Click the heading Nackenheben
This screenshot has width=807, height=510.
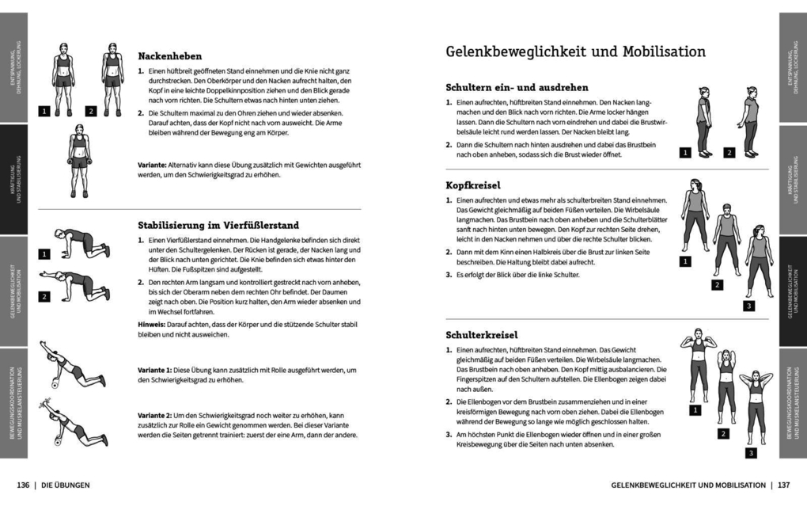point(170,57)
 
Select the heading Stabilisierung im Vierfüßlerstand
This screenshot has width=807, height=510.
point(218,225)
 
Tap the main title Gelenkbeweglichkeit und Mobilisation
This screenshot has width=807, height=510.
point(575,52)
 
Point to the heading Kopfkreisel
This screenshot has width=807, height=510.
point(472,185)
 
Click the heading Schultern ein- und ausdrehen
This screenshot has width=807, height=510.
point(517,88)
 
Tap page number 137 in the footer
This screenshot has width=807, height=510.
point(783,484)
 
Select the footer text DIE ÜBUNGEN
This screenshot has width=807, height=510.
point(66,484)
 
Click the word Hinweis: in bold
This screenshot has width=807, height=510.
point(152,323)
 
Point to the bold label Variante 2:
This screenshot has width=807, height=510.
point(157,416)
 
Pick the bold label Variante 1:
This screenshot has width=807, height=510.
point(157,371)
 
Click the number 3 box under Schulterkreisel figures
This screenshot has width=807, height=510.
point(752,453)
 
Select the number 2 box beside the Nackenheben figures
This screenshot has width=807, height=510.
point(90,112)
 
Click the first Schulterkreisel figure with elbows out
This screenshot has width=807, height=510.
point(698,364)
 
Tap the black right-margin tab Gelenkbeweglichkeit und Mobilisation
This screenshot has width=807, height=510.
point(791,292)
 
